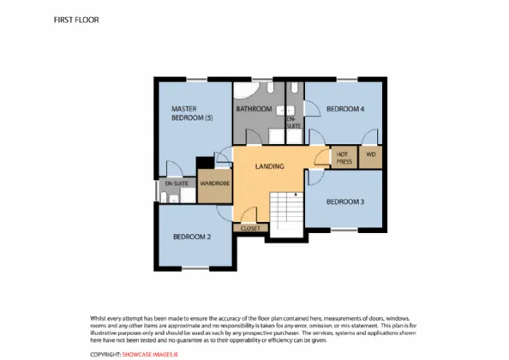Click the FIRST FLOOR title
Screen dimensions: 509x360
76,20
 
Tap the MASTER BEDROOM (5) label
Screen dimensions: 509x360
192,113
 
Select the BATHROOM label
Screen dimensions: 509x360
254,109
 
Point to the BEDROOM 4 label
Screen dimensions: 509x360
345,109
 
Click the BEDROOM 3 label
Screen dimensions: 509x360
345,202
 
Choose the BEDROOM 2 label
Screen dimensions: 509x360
192,237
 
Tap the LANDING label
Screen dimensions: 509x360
269,166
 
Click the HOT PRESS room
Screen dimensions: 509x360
344,158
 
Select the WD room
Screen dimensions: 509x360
371,157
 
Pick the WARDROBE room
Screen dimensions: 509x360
215,186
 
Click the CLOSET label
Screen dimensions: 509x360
250,229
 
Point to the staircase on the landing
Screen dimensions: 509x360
287,211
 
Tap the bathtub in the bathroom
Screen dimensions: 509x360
247,90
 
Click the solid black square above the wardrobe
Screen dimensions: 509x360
205,163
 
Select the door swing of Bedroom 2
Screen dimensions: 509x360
224,213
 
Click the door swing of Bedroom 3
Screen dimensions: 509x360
316,177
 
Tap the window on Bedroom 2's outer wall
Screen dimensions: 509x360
195,268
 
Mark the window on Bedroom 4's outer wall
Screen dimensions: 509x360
347,79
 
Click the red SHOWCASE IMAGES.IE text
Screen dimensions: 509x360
150,355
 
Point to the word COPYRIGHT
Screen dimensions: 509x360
105,355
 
